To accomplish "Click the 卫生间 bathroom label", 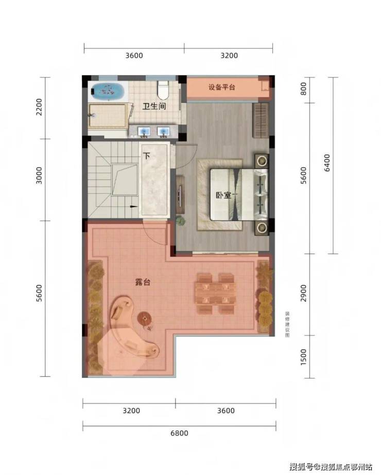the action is pyautogui.click(x=154, y=106).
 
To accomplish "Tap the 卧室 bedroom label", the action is pyautogui.click(x=223, y=195).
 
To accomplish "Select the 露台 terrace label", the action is pyautogui.click(x=143, y=282).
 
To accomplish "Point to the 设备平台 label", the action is pyautogui.click(x=222, y=87).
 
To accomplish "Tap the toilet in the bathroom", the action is pyautogui.click(x=163, y=90).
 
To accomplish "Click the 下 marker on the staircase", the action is pyautogui.click(x=147, y=156).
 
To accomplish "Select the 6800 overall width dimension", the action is pyautogui.click(x=179, y=433).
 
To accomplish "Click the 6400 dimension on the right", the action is pyautogui.click(x=327, y=163).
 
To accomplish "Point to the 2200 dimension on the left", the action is pyautogui.click(x=39, y=106).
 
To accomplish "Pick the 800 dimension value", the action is pyautogui.click(x=303, y=89).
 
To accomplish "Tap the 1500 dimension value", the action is pyautogui.click(x=303, y=357).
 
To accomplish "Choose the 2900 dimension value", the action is pyautogui.click(x=303, y=293).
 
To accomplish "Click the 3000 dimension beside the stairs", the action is pyautogui.click(x=39, y=175).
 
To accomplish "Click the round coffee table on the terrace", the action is pyautogui.click(x=145, y=318).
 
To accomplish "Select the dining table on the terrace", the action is pyautogui.click(x=215, y=293).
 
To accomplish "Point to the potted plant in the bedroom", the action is pyautogui.click(x=181, y=220).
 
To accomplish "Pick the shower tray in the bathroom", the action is pyautogui.click(x=107, y=116).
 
